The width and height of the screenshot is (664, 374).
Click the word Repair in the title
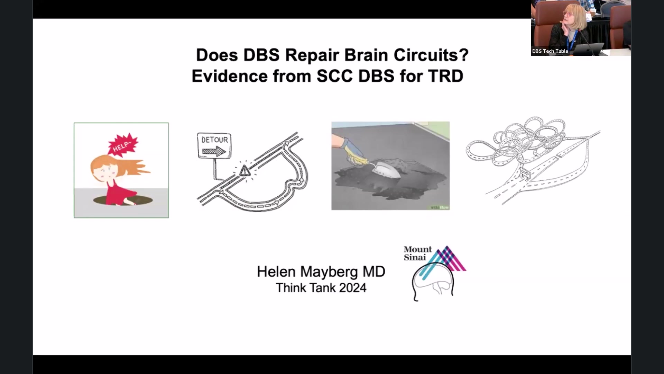tap(311, 55)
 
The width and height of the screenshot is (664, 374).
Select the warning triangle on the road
tap(245, 171)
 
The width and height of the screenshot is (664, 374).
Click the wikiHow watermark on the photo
tap(440, 207)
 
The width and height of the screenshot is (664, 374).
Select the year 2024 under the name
tap(352, 288)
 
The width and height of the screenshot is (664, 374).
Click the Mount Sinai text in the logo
tap(417, 253)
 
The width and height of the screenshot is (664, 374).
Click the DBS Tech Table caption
tap(550, 51)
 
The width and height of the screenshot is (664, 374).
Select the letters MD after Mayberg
tap(374, 272)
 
